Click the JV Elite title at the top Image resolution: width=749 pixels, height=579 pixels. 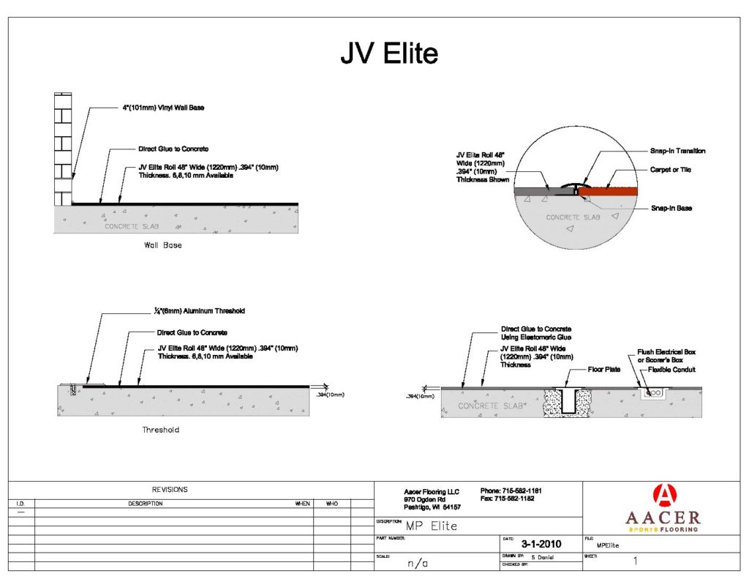coord(388,54)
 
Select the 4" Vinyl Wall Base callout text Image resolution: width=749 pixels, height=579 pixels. coord(163,108)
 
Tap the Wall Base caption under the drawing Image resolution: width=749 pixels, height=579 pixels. coord(162,245)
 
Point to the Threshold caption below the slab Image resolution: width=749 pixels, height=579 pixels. coord(160,430)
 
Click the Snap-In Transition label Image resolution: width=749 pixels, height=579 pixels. coord(677,151)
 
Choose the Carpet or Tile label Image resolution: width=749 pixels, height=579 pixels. coord(671,170)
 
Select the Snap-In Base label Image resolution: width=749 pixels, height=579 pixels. coord(672,209)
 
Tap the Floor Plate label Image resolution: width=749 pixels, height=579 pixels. coord(605,370)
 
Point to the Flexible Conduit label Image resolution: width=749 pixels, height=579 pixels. coord(671,370)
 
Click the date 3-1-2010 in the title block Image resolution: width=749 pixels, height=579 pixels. coord(541,544)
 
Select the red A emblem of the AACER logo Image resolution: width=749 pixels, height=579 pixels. coord(663,496)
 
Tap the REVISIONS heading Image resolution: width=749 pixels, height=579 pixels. coord(170,490)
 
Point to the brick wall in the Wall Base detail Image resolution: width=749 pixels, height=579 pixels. coord(62,150)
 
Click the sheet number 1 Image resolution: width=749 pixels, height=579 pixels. coord(635,561)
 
